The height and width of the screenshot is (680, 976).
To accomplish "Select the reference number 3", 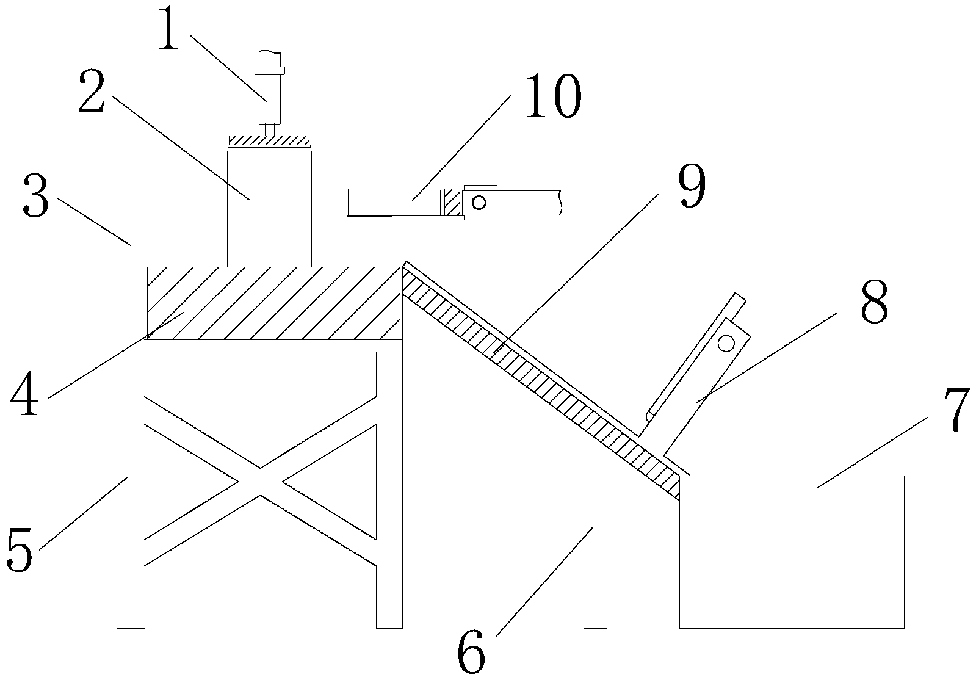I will point(35,195).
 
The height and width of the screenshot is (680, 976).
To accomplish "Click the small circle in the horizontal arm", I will point(479,202).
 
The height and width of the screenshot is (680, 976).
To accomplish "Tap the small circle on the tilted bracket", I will point(726,344).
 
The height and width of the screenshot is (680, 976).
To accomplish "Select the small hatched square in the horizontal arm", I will point(452,202).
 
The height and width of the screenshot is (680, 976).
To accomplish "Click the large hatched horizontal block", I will point(273,303).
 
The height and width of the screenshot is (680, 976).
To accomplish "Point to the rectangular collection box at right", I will point(792,551).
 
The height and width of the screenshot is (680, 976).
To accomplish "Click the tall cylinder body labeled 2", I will point(269,208).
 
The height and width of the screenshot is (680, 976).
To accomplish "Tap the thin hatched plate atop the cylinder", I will point(269,140).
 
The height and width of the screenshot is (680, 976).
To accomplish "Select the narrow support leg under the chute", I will point(595,537).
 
